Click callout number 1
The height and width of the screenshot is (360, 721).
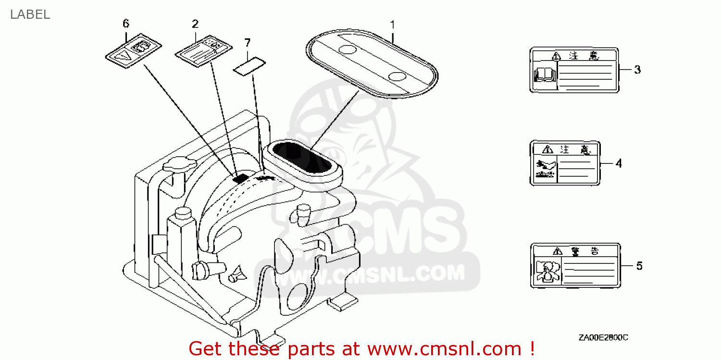tap(392, 24)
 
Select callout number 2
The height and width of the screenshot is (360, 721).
tap(195, 24)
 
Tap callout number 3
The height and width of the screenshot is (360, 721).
tap(637, 70)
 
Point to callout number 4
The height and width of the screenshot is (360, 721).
tap(619, 164)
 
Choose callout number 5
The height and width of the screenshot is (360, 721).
tap(639, 266)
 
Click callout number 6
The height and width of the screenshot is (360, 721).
tap(126, 24)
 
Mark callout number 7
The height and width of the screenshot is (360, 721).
tap(247, 43)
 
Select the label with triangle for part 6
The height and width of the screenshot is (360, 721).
tap(133, 50)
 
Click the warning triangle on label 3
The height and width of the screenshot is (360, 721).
tap(556, 56)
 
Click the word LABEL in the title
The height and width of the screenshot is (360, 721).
tap(30, 14)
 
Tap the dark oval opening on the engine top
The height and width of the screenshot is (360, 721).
tap(302, 157)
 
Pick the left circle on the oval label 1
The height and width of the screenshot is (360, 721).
tap(348, 50)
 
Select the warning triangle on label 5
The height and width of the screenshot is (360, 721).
tap(557, 251)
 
